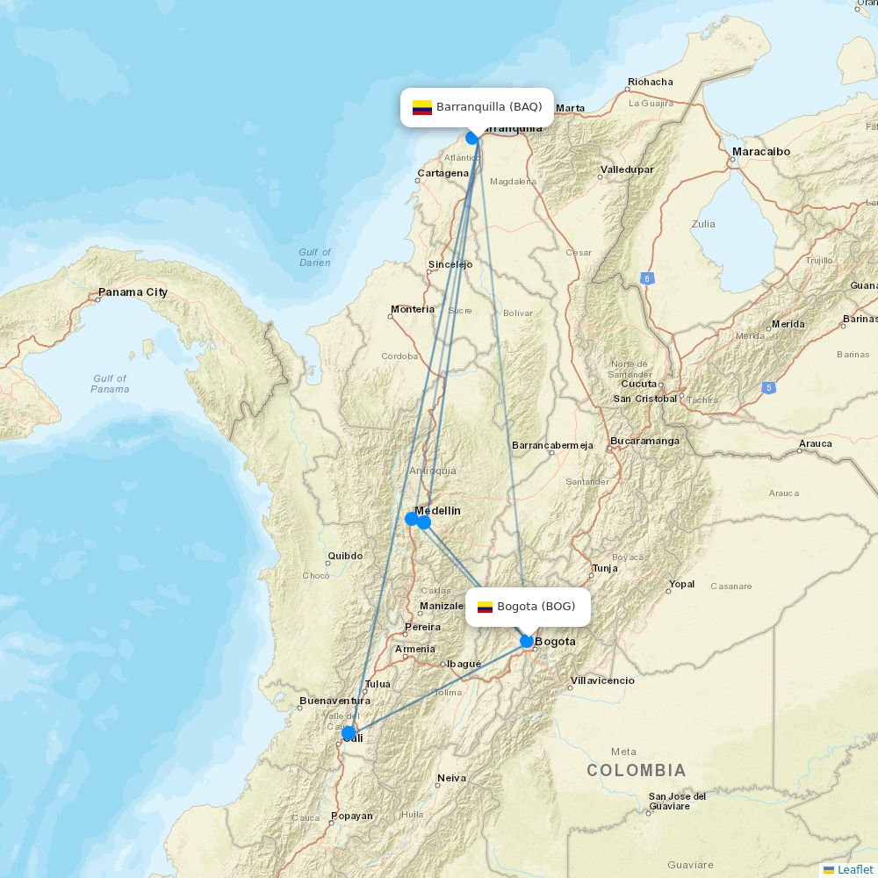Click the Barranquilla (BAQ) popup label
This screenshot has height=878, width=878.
click(488, 107)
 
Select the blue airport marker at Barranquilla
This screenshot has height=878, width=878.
click(472, 137)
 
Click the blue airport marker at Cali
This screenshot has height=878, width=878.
click(349, 733)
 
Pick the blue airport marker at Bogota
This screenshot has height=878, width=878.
click(527, 641)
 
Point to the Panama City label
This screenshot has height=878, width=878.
click(133, 292)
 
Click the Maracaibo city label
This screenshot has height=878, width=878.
click(761, 152)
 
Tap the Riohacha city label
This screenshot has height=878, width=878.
click(650, 83)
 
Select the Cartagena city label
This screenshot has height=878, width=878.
click(443, 174)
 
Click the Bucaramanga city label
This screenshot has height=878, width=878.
click(645, 441)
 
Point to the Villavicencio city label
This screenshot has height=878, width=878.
click(602, 680)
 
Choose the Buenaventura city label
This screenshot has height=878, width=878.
click(335, 701)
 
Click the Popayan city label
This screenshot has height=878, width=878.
click(352, 816)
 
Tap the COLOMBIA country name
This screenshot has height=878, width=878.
click(637, 771)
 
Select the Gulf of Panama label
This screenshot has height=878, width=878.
click(110, 384)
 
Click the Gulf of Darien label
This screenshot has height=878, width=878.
click(314, 257)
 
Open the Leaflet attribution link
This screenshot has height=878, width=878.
click(855, 869)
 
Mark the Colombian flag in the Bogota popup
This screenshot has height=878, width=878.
click(485, 607)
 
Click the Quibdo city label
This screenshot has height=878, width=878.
click(345, 556)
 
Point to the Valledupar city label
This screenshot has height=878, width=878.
click(627, 169)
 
